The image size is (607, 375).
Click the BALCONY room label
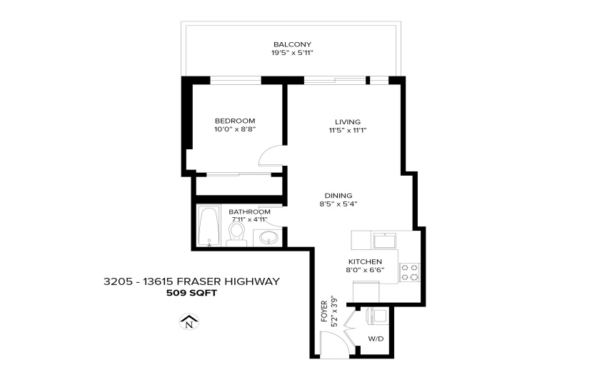click(x=292, y=44)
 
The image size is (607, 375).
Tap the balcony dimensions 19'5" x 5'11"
click(x=292, y=53)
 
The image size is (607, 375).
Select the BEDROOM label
click(x=235, y=121)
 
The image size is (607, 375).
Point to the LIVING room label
click(x=348, y=122)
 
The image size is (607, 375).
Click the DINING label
click(x=338, y=196)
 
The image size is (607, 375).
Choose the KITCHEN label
click(x=365, y=261)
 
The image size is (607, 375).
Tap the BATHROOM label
click(x=249, y=212)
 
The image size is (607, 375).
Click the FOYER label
click(x=324, y=311)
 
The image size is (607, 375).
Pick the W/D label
click(x=376, y=339)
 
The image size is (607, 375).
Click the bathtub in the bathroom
click(x=209, y=226)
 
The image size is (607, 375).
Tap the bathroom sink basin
click(x=269, y=237)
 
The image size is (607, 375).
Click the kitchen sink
click(x=383, y=241)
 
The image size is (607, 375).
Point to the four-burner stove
click(x=409, y=272)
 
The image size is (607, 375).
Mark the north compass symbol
click(x=189, y=321)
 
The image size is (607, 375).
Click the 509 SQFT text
click(x=191, y=293)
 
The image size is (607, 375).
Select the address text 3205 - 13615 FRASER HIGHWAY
click(x=191, y=281)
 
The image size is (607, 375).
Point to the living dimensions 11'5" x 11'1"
click(x=348, y=131)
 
